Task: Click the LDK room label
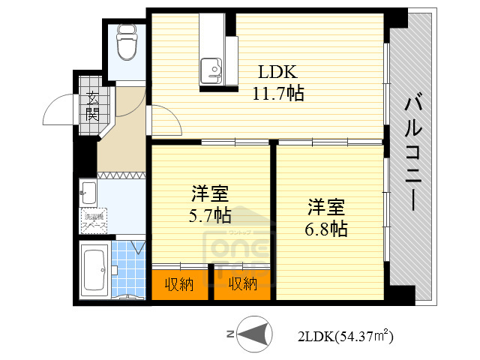click(278, 73)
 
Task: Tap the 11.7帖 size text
click(278, 94)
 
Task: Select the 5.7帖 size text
click(210, 216)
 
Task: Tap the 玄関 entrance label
click(92, 106)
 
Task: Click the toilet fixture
click(125, 43)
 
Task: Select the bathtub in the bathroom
click(94, 270)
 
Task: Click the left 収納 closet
click(180, 283)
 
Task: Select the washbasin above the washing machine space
click(88, 190)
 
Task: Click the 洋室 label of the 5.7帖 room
click(210, 194)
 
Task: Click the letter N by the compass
click(231, 334)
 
